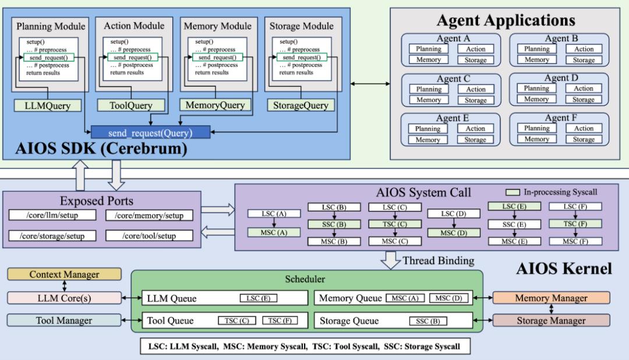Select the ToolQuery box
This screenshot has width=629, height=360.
click(131, 105)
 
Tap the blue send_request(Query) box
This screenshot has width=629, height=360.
click(150, 132)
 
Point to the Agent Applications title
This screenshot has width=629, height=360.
click(506, 21)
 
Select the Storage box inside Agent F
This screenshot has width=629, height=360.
click(584, 139)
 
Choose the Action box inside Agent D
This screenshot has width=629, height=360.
click(584, 89)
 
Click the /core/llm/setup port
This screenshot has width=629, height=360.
click(52, 215)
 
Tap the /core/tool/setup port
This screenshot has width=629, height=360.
click(149, 236)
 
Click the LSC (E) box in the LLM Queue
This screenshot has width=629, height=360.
click(258, 298)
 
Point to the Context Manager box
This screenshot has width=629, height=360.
click(64, 274)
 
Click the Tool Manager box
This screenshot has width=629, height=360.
click(64, 320)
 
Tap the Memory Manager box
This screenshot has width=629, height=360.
click(551, 298)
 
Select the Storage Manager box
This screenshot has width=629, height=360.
click(551, 320)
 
